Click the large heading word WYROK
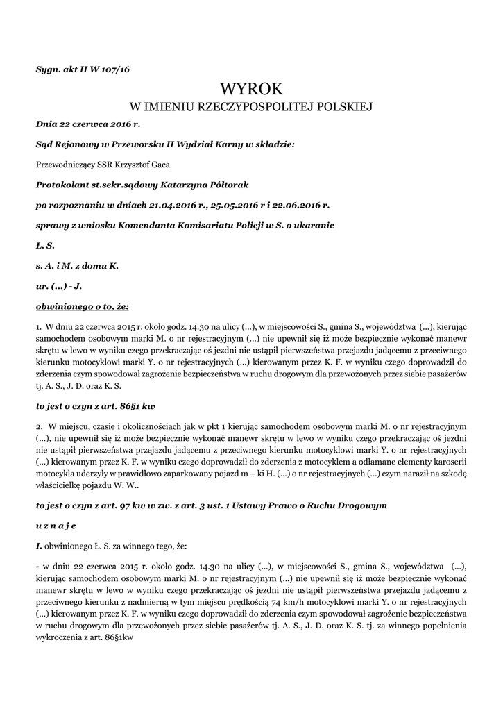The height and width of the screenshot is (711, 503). pyautogui.click(x=251, y=89)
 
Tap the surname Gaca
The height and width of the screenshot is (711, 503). pyautogui.click(x=159, y=165)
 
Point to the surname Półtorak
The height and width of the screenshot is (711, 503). pyautogui.click(x=224, y=185)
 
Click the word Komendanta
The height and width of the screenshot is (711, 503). pyautogui.click(x=130, y=226)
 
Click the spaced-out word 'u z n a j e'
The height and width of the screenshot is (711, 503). pyautogui.click(x=57, y=526)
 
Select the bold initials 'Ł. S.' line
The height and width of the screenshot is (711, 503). pyautogui.click(x=45, y=246)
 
